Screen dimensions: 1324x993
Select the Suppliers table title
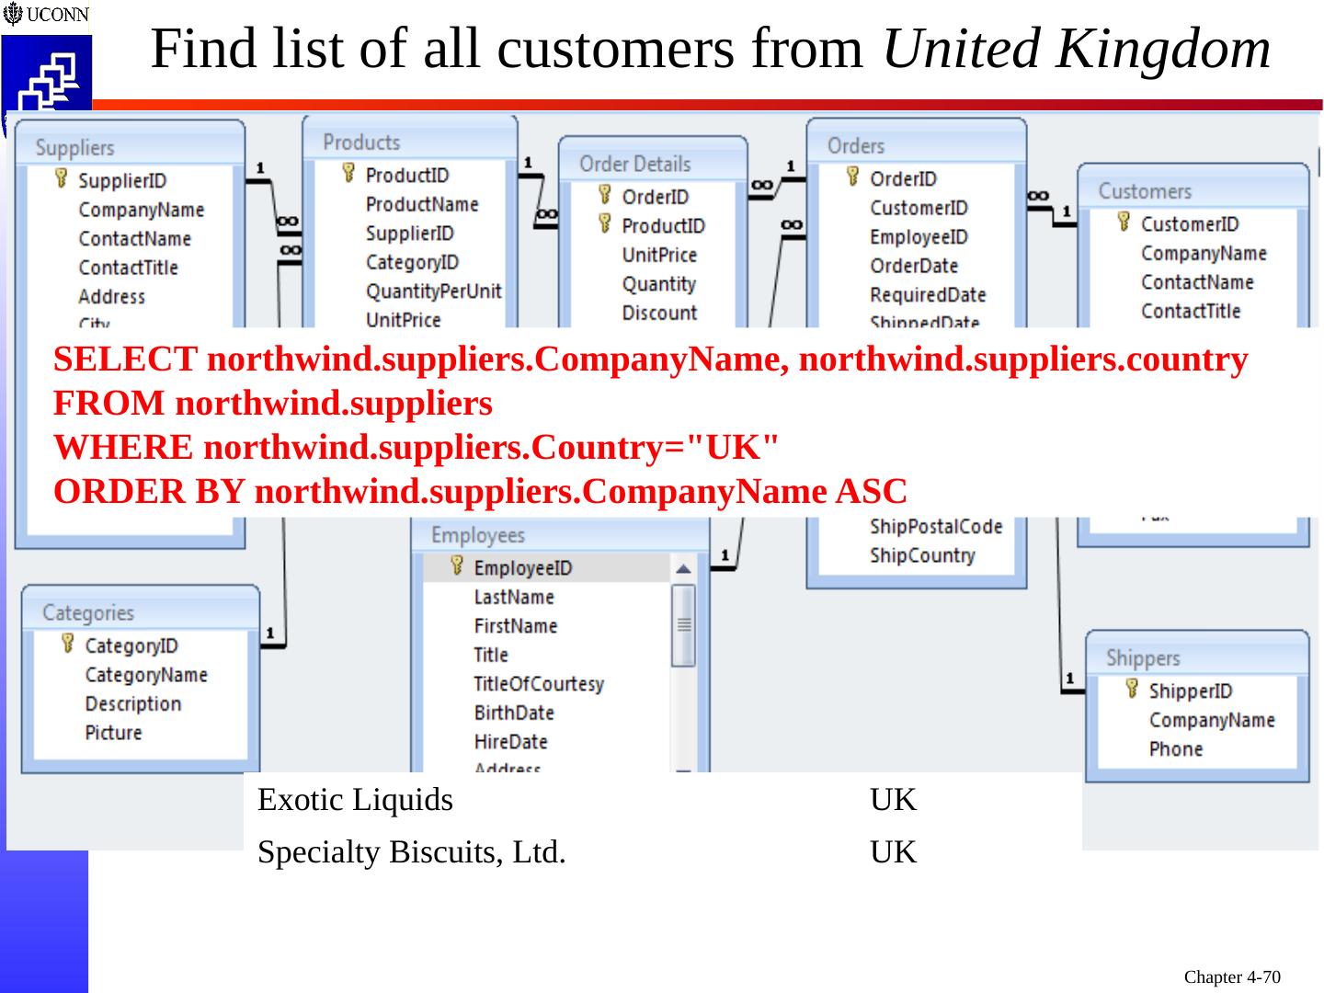click(x=74, y=148)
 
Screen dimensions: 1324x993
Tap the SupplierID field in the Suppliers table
click(x=121, y=181)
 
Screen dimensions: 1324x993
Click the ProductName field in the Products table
click(x=421, y=204)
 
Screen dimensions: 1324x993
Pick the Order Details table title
click(x=634, y=165)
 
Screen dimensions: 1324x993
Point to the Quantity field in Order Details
click(x=658, y=284)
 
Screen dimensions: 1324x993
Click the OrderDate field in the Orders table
click(x=913, y=266)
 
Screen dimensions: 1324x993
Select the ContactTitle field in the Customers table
click(x=1190, y=311)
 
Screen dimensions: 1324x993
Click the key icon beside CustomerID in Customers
click(x=1123, y=223)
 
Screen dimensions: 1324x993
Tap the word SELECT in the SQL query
click(x=125, y=360)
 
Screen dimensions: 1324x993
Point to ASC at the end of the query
click(x=871, y=492)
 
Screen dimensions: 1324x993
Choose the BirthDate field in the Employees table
click(x=513, y=713)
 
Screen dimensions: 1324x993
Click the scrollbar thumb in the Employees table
click(x=683, y=625)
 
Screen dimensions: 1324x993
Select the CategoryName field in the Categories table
click(x=145, y=675)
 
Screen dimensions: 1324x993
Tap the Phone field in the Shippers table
click(x=1175, y=749)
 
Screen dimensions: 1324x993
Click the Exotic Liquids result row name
click(x=355, y=800)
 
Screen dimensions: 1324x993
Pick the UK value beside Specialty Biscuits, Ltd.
click(x=893, y=852)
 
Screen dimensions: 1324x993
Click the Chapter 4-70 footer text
click(x=1231, y=976)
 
